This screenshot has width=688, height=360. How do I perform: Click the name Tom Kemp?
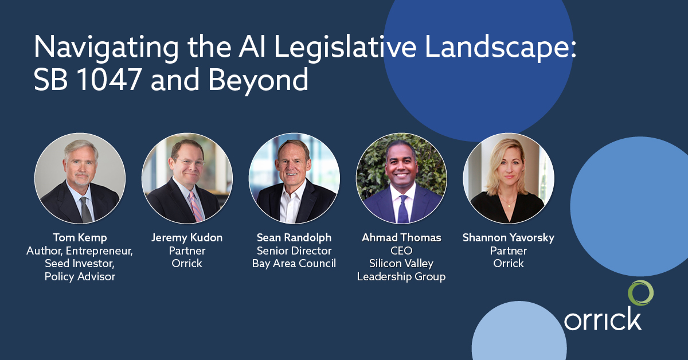(x=80, y=237)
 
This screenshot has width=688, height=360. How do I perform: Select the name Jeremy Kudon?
(x=187, y=237)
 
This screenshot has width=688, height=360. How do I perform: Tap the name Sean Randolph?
(x=294, y=237)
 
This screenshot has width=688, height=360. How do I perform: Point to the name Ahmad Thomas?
(x=401, y=237)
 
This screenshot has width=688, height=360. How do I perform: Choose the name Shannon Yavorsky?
(x=509, y=237)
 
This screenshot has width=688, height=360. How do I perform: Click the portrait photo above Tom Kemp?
(x=80, y=178)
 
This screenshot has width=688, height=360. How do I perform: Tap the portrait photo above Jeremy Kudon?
(x=187, y=178)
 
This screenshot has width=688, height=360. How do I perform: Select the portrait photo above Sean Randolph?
(x=294, y=178)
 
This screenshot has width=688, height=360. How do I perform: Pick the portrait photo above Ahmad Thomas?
(x=401, y=178)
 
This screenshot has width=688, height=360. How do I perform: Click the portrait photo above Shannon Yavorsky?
(x=509, y=178)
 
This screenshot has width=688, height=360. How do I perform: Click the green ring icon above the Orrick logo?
(x=640, y=293)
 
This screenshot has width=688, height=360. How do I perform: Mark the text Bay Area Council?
(x=294, y=264)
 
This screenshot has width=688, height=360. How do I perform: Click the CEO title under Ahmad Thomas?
(x=401, y=251)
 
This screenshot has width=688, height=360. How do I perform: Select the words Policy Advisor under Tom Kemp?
(x=80, y=277)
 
